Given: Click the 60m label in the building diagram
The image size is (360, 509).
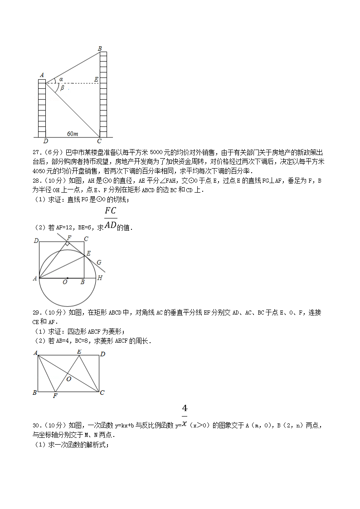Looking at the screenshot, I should pos(73,134).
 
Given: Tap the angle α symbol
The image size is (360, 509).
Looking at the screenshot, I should pos(61,79).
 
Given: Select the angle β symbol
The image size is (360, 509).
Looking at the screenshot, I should pos(62,88).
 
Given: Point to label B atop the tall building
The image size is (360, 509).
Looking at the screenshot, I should pos(100,48).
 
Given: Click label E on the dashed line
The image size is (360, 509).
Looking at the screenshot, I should pos(96,80).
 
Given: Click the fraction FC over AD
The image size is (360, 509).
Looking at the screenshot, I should pos(110,218).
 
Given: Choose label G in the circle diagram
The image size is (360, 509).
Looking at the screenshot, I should pos(99,262).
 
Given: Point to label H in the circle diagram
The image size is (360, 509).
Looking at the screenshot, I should pos(100,278).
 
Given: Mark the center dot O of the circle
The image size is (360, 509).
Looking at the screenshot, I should pos(68,278).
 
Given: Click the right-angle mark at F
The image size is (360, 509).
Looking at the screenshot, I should pos(67,243).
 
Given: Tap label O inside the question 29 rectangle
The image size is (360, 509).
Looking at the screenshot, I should pos(69,378).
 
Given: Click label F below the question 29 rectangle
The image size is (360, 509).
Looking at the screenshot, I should pos(55,396).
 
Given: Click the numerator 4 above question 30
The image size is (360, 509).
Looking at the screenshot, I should pos(185,408).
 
